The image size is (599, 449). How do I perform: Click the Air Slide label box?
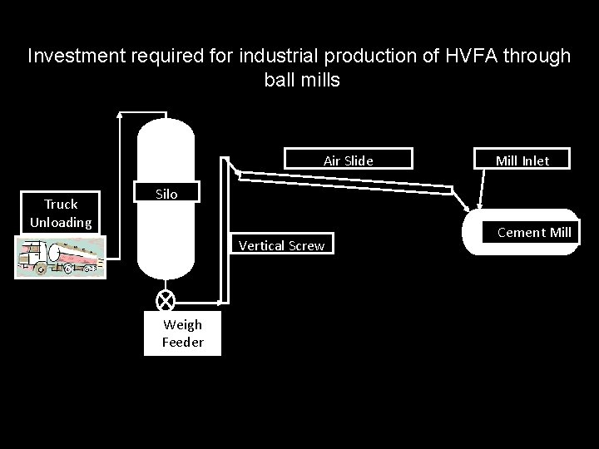click(x=348, y=160)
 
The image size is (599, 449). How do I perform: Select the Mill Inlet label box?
click(x=522, y=160)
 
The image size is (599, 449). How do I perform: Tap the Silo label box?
click(x=166, y=194)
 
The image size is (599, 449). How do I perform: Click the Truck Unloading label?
click(x=61, y=213)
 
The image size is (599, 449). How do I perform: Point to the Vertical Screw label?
click(x=281, y=245)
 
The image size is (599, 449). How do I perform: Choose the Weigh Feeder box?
click(x=182, y=333)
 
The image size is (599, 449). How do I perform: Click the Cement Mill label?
click(x=534, y=232)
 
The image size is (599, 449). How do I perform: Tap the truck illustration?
click(x=61, y=256)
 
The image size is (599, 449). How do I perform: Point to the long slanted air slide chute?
click(x=345, y=183)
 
